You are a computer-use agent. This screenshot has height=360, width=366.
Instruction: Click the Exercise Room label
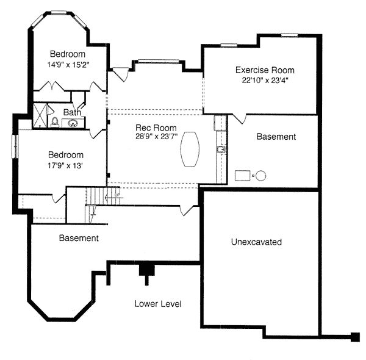[265, 70]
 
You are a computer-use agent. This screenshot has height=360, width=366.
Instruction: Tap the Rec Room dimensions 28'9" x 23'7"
[157, 136]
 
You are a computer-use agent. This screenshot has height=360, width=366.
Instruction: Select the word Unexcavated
[256, 242]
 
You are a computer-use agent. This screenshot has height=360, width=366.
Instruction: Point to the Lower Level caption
[158, 304]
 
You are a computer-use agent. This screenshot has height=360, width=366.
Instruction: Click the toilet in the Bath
[55, 122]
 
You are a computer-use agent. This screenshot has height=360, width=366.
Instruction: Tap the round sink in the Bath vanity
[73, 123]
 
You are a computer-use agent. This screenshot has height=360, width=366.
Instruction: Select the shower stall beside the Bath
[40, 116]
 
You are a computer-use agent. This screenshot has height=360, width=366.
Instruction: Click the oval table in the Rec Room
[190, 149]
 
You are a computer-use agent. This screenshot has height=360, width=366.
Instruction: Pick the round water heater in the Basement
[260, 176]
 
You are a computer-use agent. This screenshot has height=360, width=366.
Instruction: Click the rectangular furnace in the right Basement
[243, 176]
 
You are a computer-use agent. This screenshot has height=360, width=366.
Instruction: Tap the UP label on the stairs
[117, 195]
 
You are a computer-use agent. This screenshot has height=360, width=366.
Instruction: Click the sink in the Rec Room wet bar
[221, 149]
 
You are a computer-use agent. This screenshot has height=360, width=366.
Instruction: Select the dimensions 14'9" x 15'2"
[68, 65]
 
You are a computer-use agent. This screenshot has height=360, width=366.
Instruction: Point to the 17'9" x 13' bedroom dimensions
[66, 165]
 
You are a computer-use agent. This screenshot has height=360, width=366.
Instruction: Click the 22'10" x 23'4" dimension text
[265, 81]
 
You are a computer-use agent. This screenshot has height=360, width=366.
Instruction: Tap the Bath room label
[72, 112]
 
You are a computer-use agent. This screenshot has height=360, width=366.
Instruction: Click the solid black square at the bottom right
[355, 337]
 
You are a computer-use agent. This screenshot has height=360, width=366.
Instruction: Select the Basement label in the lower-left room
[79, 238]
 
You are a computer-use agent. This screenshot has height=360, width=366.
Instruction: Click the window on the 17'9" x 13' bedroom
[15, 146]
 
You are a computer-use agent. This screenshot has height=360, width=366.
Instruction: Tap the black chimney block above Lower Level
[147, 270]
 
